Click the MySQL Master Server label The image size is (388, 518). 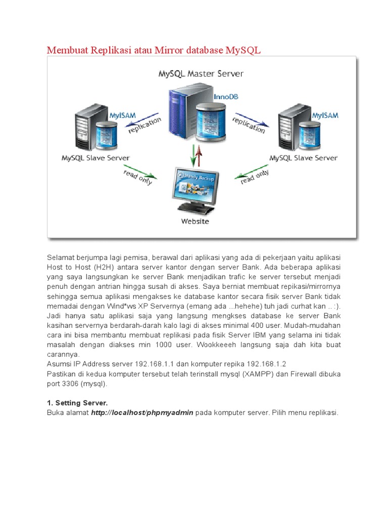click(201, 74)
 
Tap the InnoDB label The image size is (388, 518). click(226, 96)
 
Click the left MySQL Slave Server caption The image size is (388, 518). click(95, 158)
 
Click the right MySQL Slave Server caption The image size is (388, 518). click(303, 158)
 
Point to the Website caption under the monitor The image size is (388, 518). click(195, 221)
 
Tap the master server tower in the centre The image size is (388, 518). click(184, 114)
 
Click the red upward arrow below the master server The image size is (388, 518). click(199, 154)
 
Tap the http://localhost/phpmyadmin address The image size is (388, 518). click(142, 413)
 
